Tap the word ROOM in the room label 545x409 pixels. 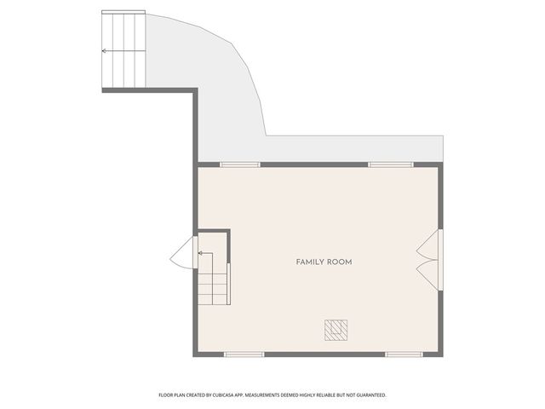click(x=340, y=262)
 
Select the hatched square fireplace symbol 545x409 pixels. click(x=336, y=329)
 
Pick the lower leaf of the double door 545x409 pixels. click(x=431, y=275)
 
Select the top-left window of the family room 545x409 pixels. click(x=240, y=164)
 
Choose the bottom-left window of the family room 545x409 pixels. click(x=244, y=354)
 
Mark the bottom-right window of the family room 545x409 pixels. click(x=404, y=354)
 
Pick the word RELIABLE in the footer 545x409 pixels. click(x=329, y=395)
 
